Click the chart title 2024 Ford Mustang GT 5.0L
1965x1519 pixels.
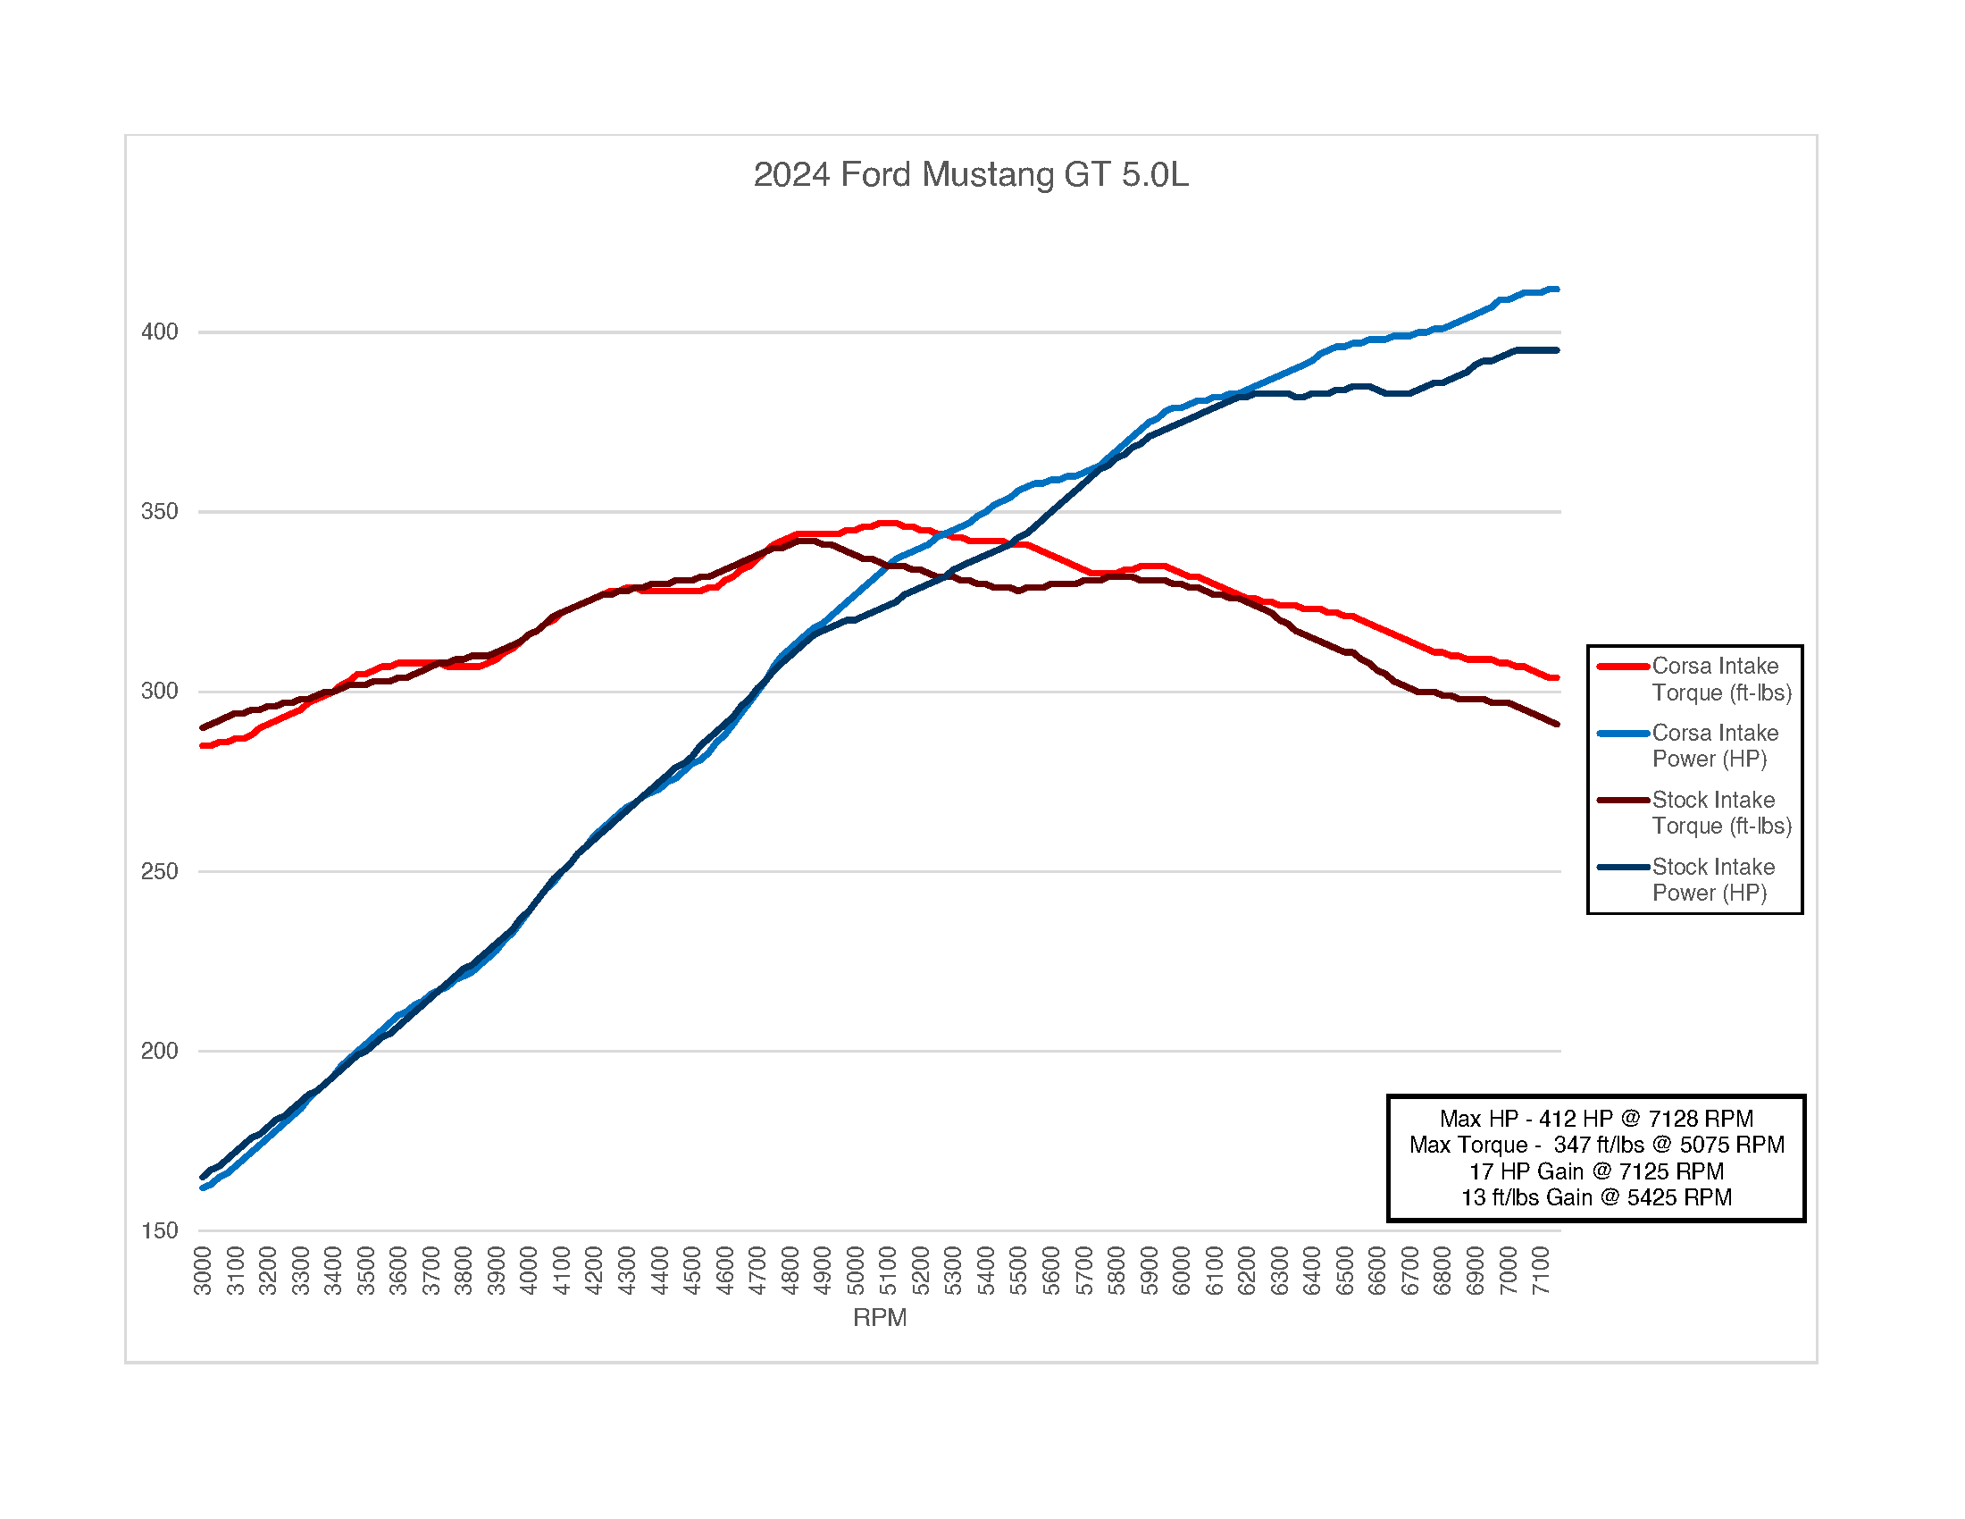tap(970, 174)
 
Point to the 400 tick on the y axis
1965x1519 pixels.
tap(159, 332)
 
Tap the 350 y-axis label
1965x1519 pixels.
tap(159, 512)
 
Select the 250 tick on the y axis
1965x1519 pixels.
tap(159, 871)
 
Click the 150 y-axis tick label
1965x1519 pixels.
tap(159, 1230)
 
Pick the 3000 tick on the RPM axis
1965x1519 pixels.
tap(204, 1271)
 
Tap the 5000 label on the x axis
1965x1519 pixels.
tap(856, 1271)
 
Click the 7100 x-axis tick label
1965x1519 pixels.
tap(1541, 1271)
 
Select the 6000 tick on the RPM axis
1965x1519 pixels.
tap(1182, 1271)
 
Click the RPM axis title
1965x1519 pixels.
tap(879, 1317)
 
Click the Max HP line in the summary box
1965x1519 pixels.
tap(1595, 1119)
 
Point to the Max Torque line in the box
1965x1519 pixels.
tap(1596, 1145)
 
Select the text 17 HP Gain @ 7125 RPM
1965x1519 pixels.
tap(1595, 1171)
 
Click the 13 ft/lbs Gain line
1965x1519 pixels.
tap(1595, 1197)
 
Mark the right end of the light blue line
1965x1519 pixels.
tap(1557, 290)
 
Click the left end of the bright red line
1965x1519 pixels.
tap(204, 745)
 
